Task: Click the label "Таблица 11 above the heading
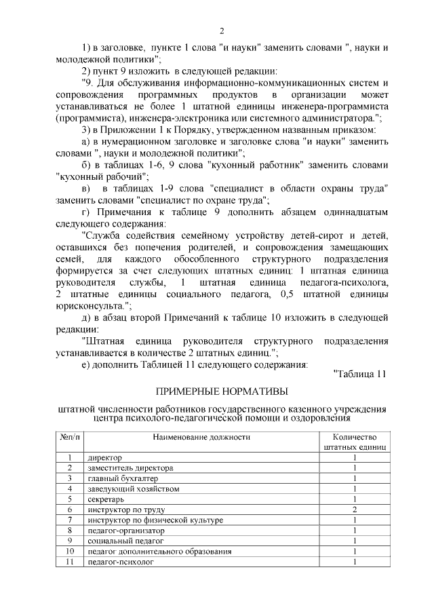coord(359,374)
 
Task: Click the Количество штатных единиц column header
coord(355,442)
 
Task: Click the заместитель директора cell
coord(130,468)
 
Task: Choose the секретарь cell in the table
coord(106,499)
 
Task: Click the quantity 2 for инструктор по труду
coord(355,510)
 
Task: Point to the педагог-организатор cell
coord(126,531)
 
